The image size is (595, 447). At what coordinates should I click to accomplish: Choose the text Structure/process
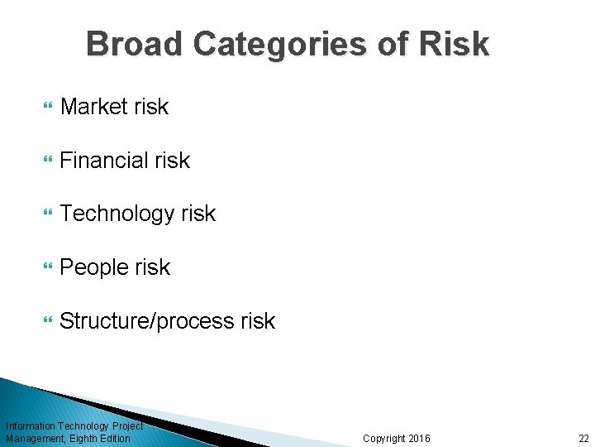pos(146,321)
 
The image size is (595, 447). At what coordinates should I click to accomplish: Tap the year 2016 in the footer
pos(417,439)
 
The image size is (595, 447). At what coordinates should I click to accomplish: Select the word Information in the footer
pos(30,426)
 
